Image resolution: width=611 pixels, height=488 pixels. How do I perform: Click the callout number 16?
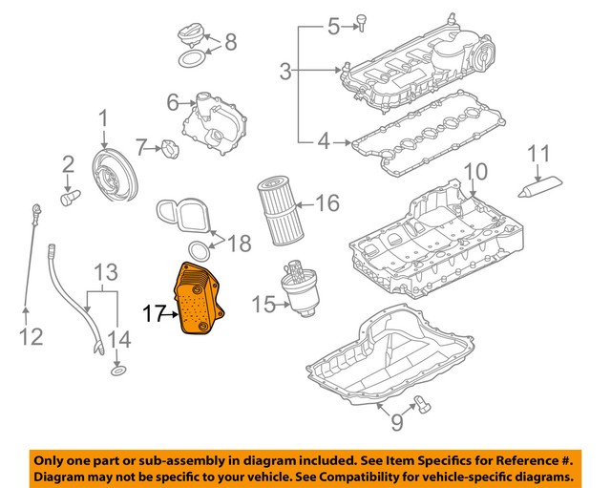(x=327, y=203)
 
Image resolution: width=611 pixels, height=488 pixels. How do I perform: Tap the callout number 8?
(x=230, y=43)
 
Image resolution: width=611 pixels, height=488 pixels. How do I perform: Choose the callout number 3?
(x=285, y=70)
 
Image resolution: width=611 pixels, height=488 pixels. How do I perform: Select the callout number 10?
(x=474, y=173)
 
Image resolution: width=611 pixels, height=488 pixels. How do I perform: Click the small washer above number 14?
(x=116, y=369)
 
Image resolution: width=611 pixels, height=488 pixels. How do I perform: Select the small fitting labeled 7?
(x=171, y=149)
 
